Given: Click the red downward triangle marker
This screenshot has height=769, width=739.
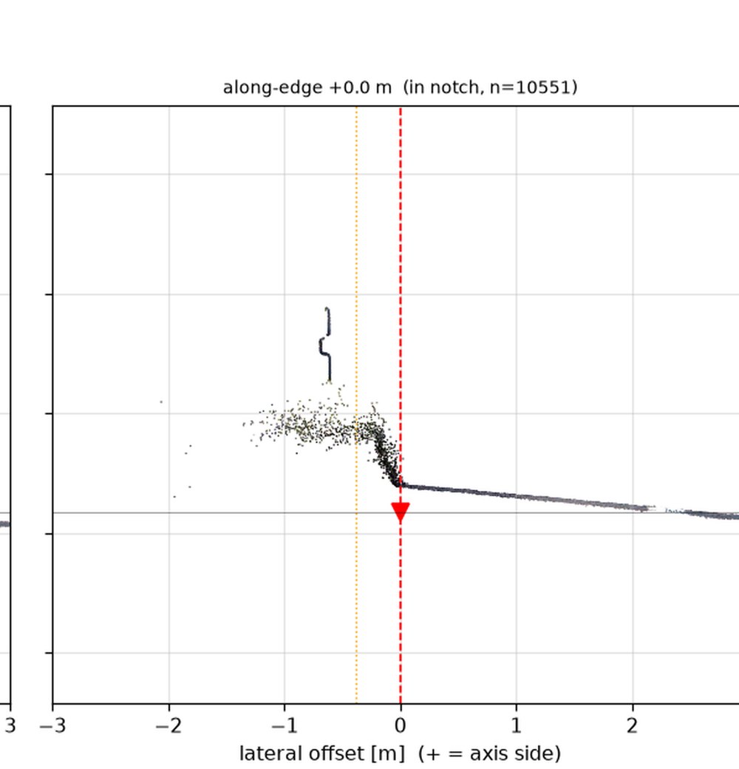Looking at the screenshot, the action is tap(401, 512).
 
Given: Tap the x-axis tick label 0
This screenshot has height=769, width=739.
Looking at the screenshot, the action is tap(401, 725).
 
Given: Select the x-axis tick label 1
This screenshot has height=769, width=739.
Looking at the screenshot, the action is tap(516, 725).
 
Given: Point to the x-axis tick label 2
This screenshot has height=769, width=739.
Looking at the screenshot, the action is tap(632, 725).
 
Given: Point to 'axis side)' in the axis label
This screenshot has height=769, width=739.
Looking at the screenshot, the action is tap(515, 753).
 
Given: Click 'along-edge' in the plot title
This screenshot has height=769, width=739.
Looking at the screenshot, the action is tap(273, 88).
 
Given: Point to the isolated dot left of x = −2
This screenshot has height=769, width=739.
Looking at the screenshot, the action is tap(161, 402).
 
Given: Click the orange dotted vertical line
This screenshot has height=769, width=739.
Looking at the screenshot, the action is tap(356, 404).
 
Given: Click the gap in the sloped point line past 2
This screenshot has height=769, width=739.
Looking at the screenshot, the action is tap(661, 509).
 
